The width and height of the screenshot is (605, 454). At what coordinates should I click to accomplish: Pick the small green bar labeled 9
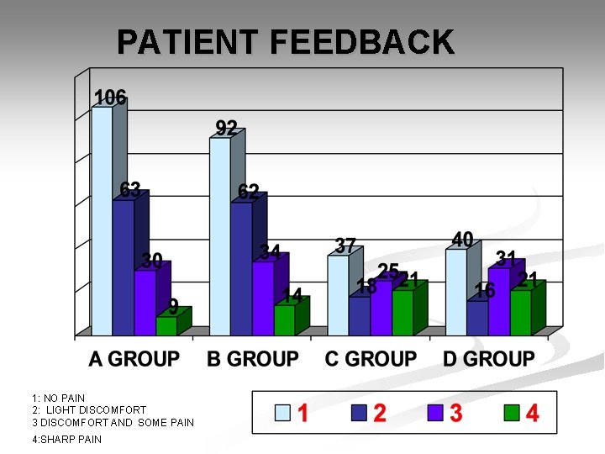[166, 326]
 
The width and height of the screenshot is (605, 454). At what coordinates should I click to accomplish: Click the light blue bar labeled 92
[220, 236]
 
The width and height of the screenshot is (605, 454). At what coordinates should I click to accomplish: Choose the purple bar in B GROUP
[263, 298]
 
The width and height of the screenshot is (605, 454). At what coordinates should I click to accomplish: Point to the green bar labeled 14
[284, 320]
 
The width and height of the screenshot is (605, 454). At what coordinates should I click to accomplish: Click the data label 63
[129, 188]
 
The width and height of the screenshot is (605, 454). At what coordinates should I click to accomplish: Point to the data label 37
[345, 245]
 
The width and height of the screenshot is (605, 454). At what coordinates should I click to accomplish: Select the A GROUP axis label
[134, 359]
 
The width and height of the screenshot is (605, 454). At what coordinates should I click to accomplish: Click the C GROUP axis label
[371, 359]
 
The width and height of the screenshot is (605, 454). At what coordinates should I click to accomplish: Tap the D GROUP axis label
[489, 359]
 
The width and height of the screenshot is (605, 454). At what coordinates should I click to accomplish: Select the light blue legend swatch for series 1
[283, 413]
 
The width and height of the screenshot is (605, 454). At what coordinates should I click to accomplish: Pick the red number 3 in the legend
[456, 413]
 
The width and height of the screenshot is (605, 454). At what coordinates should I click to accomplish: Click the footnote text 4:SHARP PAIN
[66, 439]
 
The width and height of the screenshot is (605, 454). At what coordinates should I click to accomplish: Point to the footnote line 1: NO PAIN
[58, 398]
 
